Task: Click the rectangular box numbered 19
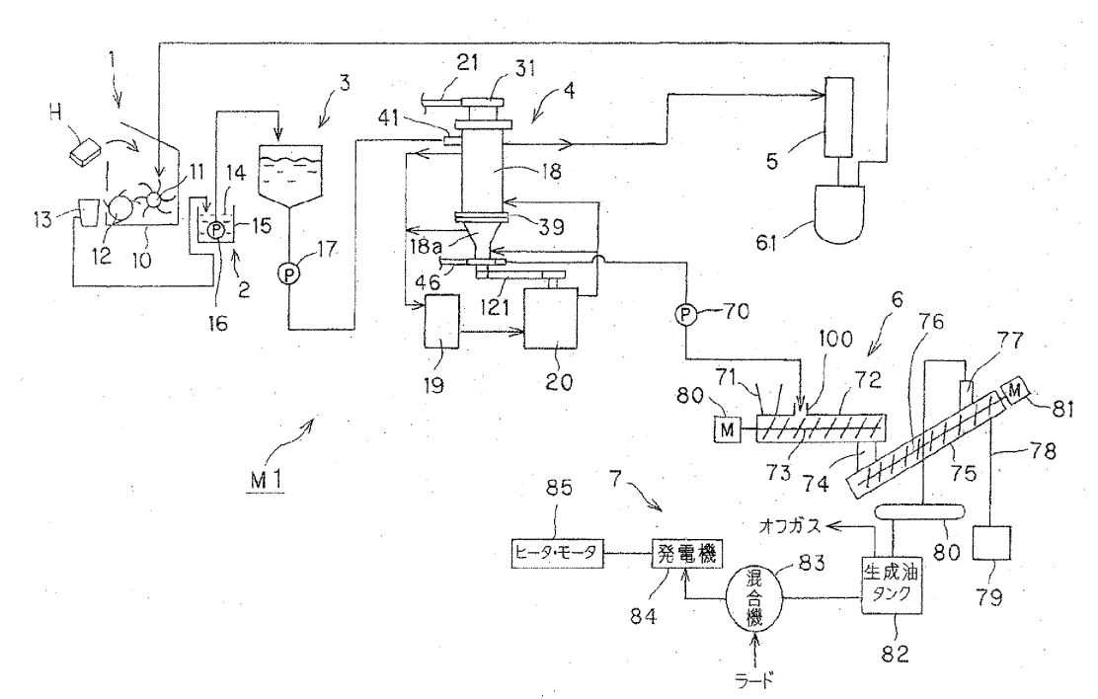point(441,321)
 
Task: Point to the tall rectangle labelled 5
point(839,116)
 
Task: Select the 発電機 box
point(685,555)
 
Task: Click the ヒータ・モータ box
point(556,554)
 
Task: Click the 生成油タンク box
point(890,586)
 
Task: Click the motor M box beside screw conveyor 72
point(727,428)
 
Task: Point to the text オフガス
point(793,524)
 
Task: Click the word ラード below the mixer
point(753,678)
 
